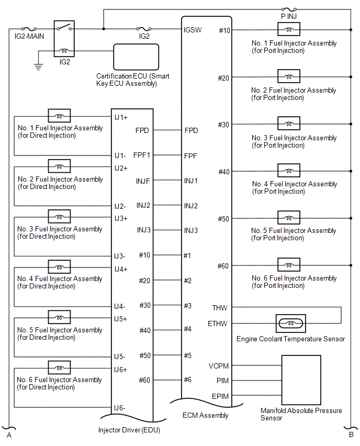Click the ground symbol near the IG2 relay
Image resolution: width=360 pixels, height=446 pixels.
coord(38,67)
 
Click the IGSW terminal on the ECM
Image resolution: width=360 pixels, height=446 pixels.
coord(192,30)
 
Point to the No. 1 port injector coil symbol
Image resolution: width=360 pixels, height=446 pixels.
coord(288,30)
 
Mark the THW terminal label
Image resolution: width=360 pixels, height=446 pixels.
coord(220,308)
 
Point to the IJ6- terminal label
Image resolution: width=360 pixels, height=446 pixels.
coord(119,407)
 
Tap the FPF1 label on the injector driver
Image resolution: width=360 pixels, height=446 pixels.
coord(142,155)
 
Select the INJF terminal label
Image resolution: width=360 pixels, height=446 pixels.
coord(143,181)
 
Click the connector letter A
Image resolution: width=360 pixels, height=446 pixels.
coord(8,435)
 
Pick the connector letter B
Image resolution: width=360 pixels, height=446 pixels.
coord(351,435)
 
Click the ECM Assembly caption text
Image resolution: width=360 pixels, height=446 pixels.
coord(206,415)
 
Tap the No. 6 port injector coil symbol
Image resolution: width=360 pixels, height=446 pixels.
coord(288,265)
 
